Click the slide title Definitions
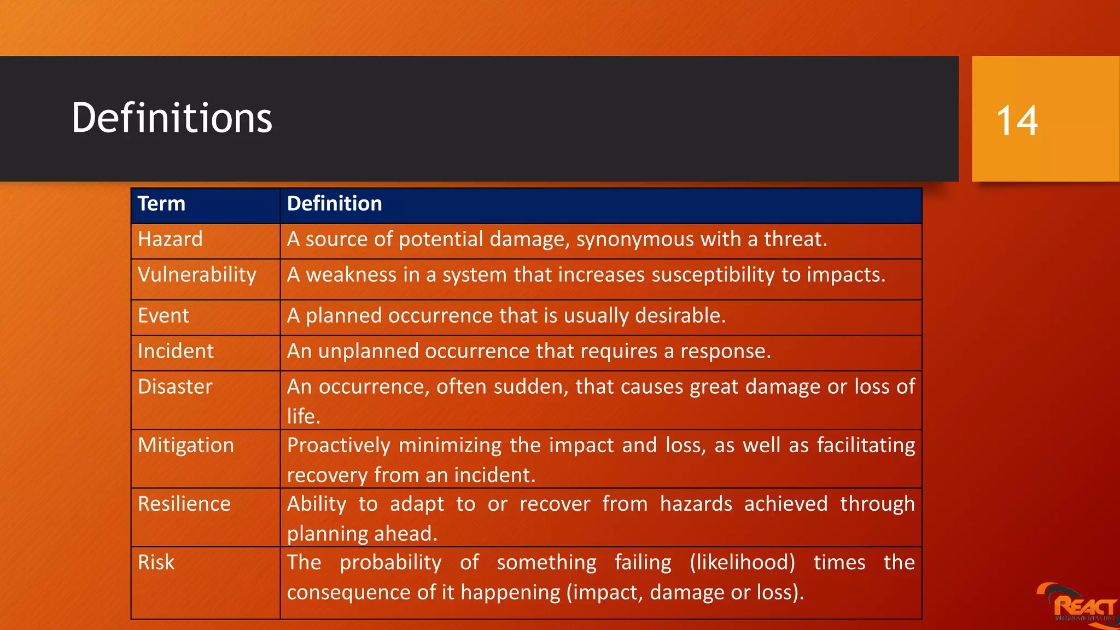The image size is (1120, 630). pyautogui.click(x=172, y=118)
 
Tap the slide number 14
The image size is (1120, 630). pyautogui.click(x=1017, y=121)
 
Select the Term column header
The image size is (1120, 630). pyautogui.click(x=161, y=204)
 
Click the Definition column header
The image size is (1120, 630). pyautogui.click(x=334, y=204)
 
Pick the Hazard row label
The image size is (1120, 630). pyautogui.click(x=170, y=240)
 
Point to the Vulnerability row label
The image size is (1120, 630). pyautogui.click(x=197, y=275)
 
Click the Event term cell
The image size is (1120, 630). pyautogui.click(x=164, y=316)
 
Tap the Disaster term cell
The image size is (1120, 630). pyautogui.click(x=175, y=387)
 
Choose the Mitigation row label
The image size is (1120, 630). pyautogui.click(x=186, y=446)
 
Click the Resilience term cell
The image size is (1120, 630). pyautogui.click(x=184, y=504)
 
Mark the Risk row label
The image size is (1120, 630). pyautogui.click(x=156, y=563)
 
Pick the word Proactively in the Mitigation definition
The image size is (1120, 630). pyautogui.click(x=339, y=446)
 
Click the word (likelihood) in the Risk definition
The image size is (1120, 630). pyautogui.click(x=742, y=563)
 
